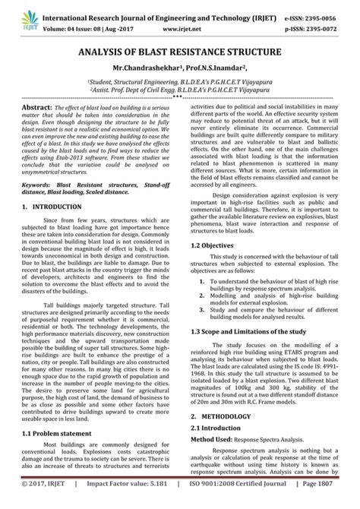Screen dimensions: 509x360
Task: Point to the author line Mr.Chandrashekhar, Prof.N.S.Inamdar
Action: [x=179, y=69]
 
